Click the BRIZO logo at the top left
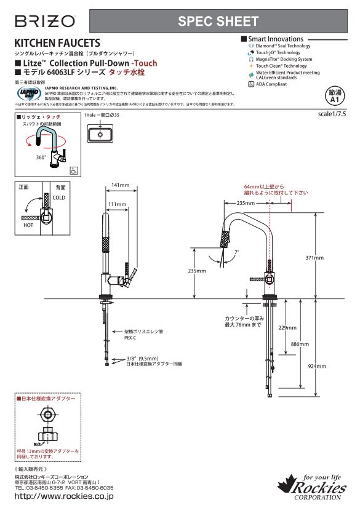pos(44,22)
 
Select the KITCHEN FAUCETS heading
pos(57,43)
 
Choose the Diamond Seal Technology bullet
pos(282,46)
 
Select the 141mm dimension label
pos(121,185)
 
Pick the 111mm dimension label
pos(117,204)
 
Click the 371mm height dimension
pos(314,257)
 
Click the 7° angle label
pos(238,252)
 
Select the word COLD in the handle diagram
pos(59,198)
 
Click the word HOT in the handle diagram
pos(28,226)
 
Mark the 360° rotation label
pos(41,157)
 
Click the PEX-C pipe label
pos(130,338)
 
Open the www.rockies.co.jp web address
pos(63,496)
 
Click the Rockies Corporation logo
pos(314,486)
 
